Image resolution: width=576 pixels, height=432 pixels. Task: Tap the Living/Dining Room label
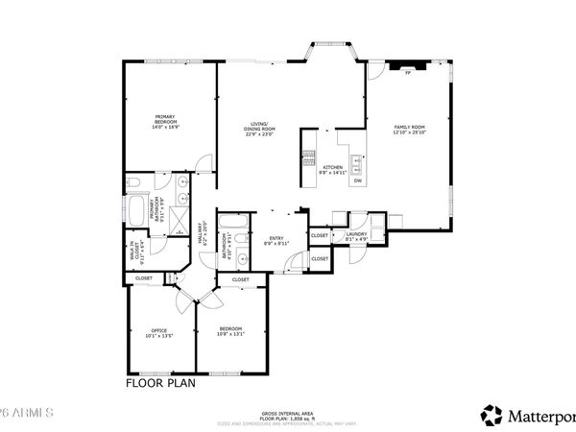[x=259, y=131]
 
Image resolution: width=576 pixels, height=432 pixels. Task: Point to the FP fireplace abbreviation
[x=407, y=73]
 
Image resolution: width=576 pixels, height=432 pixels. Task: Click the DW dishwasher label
[x=357, y=180]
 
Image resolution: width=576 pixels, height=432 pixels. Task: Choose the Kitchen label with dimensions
[x=333, y=169]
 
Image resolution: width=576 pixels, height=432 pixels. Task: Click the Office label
[x=159, y=333]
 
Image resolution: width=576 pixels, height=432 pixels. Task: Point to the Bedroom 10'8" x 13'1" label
[x=232, y=332]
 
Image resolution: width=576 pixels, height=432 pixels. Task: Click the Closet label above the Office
[x=143, y=278]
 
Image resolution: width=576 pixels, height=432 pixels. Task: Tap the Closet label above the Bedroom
[x=240, y=279]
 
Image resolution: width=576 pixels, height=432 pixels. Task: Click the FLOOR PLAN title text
[x=159, y=382]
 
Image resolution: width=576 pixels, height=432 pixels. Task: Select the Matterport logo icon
[x=492, y=415]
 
